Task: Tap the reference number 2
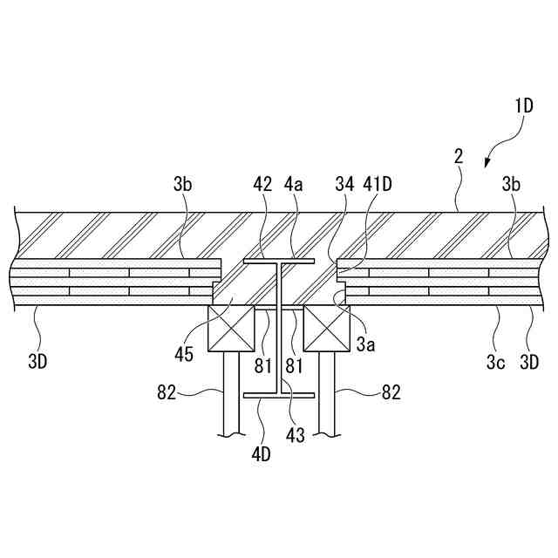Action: point(459,157)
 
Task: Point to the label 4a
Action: point(295,184)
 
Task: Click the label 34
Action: point(345,184)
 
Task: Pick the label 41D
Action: point(378,184)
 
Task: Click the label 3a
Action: point(365,345)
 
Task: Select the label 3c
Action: point(495,361)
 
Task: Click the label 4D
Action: point(261,453)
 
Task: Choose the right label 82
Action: point(391,393)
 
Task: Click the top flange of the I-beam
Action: point(278,260)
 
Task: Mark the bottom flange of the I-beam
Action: point(278,395)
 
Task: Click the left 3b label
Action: point(182,184)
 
